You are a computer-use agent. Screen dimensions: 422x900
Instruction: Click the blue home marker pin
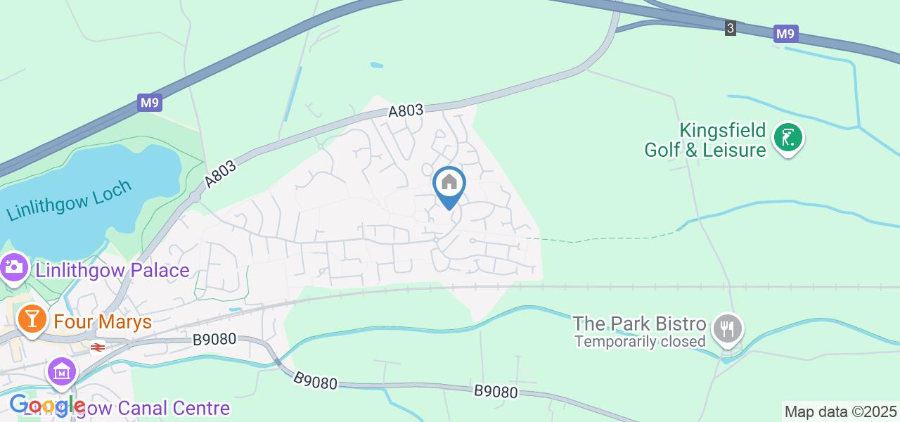[449, 184]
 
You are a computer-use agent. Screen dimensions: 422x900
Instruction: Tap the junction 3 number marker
[731, 28]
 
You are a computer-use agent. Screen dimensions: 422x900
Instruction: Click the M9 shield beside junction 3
[786, 34]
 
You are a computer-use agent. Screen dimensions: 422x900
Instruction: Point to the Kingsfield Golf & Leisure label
[705, 140]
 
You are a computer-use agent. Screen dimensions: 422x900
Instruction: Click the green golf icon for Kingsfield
[788, 137]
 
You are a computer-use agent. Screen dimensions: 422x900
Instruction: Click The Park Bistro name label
[639, 324]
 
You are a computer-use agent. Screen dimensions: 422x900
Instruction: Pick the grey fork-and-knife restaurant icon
[728, 328]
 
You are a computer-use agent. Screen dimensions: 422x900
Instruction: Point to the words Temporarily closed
[640, 342]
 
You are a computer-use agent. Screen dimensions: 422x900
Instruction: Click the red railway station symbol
[98, 346]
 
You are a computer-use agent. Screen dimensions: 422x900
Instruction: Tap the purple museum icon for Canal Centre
[62, 371]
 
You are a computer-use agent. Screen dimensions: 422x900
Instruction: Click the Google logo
[47, 406]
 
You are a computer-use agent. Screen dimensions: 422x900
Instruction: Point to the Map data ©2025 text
[840, 412]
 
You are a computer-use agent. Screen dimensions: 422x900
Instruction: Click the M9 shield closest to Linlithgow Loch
[150, 103]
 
